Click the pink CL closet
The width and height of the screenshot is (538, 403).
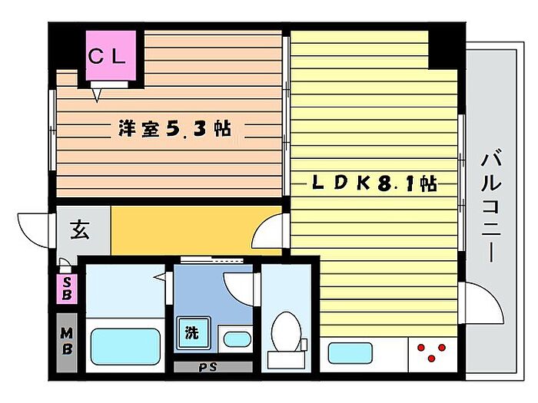[111, 56]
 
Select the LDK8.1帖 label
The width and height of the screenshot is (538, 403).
[374, 183]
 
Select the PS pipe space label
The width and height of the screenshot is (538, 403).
[208, 367]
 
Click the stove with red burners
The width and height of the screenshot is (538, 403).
[433, 353]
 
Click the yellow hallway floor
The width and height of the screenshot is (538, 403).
[184, 229]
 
